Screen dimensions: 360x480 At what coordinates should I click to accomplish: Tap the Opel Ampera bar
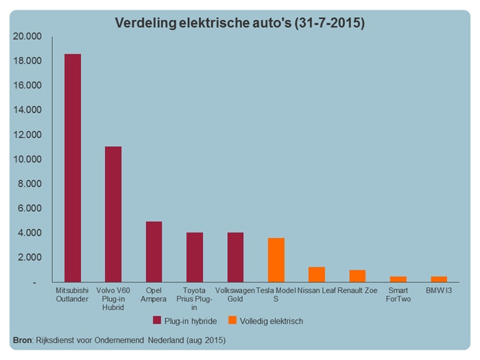click(x=154, y=252)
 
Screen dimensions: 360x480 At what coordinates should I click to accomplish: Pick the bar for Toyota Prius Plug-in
click(x=195, y=257)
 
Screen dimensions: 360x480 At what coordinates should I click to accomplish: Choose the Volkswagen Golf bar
click(x=235, y=257)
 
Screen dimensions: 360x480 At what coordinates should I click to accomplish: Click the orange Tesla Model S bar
click(x=276, y=260)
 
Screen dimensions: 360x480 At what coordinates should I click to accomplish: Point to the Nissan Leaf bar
click(x=317, y=274)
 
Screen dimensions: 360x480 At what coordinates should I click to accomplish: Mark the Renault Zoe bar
click(x=357, y=276)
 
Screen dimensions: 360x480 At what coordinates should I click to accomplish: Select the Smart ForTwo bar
click(x=398, y=279)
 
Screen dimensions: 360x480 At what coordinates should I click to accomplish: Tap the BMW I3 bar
click(x=439, y=279)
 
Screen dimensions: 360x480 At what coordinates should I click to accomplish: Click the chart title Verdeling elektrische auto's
click(x=239, y=23)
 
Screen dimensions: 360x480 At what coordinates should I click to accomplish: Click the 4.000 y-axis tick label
click(x=29, y=233)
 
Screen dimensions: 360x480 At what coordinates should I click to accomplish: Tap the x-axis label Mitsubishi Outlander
click(x=73, y=295)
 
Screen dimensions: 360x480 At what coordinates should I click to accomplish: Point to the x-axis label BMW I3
click(x=439, y=291)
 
